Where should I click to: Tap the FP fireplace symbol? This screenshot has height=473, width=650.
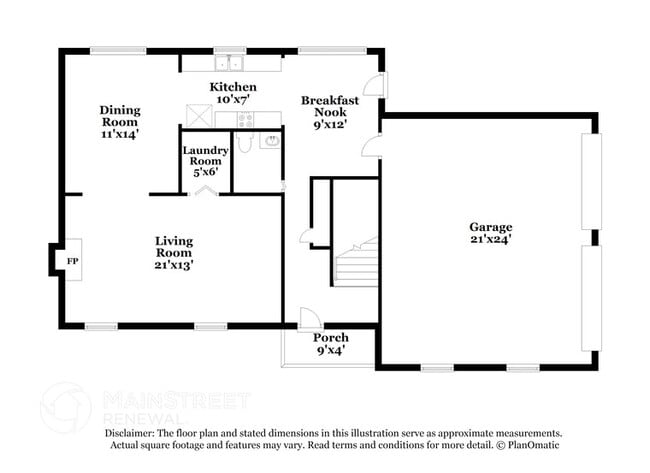72,261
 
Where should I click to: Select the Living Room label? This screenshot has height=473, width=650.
174,253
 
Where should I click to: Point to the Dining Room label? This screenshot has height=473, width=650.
119,121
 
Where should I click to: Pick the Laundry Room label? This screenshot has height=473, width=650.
205,161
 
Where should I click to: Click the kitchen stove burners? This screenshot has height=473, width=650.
243,119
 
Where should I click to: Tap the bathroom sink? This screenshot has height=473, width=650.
270,141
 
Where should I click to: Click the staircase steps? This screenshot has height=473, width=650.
357,265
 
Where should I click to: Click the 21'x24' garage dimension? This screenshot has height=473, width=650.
491,240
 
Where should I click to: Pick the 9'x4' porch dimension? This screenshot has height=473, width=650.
330,351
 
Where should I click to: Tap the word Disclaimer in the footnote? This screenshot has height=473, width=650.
131,433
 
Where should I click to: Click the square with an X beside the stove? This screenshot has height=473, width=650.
198,117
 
